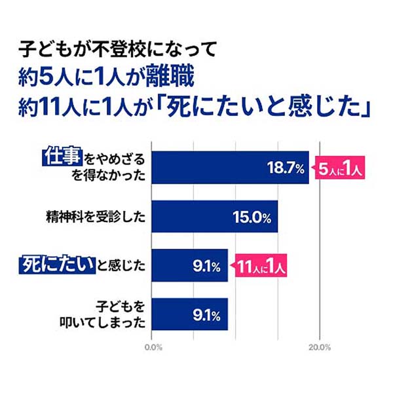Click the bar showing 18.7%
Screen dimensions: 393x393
[x=229, y=167]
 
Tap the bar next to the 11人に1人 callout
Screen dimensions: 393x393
[x=190, y=265]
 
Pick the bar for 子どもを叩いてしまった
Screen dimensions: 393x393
[x=190, y=314]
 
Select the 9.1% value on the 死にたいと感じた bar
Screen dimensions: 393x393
[x=206, y=265]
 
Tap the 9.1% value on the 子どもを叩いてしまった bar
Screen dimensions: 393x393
[x=206, y=314]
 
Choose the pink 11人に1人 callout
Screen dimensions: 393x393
[x=261, y=265]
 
